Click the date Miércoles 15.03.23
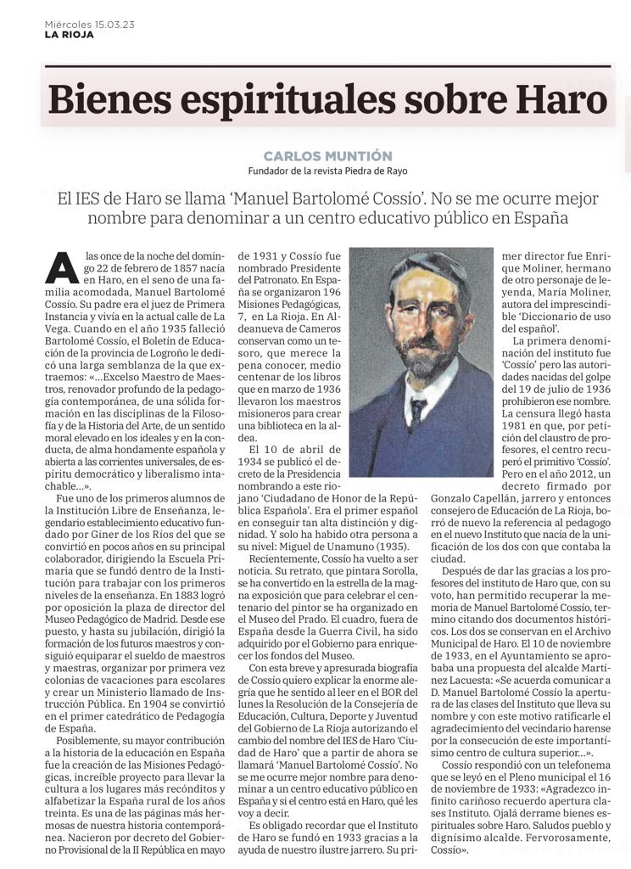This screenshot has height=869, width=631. click(89, 25)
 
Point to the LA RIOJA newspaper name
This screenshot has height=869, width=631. click(70, 35)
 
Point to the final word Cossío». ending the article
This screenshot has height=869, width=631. click(456, 849)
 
